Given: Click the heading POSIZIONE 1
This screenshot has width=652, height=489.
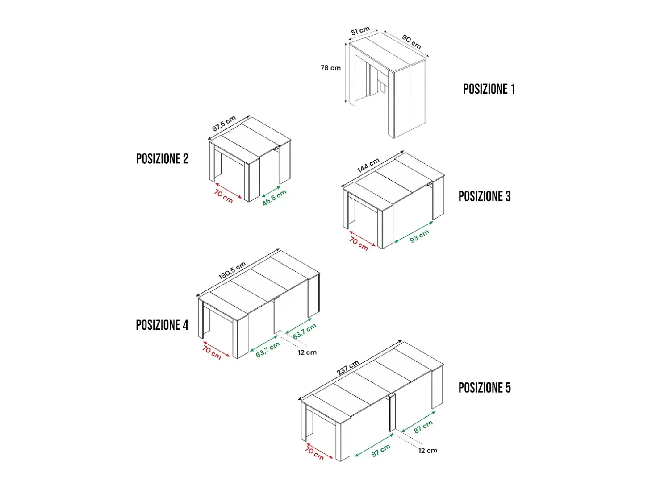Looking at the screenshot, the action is [489, 89].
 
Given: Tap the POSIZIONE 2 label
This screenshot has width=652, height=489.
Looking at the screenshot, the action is [162, 159].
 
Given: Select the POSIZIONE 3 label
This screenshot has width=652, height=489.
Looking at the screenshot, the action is [485, 196].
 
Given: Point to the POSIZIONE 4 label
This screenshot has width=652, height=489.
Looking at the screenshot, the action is [162, 325].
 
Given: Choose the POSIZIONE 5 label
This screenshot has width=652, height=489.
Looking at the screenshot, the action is [485, 388].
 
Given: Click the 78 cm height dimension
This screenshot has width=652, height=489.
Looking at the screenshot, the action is [330, 68].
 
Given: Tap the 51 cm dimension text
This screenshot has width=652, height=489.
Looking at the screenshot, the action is [360, 30].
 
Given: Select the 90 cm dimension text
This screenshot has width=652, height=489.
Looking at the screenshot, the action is [411, 42].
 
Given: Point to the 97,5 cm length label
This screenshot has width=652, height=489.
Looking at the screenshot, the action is [224, 124].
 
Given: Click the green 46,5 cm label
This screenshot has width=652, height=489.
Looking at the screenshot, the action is [274, 198].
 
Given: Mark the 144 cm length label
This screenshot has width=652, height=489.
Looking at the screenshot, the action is [368, 165].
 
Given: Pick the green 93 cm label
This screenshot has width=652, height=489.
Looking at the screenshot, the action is [419, 236].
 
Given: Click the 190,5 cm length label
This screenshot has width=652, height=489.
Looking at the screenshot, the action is [232, 271].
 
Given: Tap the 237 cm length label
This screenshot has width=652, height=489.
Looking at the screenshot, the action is [348, 367].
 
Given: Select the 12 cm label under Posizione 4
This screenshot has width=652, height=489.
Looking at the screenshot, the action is [307, 352].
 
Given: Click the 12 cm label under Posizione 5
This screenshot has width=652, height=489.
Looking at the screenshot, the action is [428, 451].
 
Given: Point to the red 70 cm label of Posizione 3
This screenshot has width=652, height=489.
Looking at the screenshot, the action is [359, 244].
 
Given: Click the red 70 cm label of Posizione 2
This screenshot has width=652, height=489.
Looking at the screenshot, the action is [223, 196].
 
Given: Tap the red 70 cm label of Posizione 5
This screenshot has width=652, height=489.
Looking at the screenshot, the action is [314, 454].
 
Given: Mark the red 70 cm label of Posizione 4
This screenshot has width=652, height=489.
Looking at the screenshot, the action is [212, 352].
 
